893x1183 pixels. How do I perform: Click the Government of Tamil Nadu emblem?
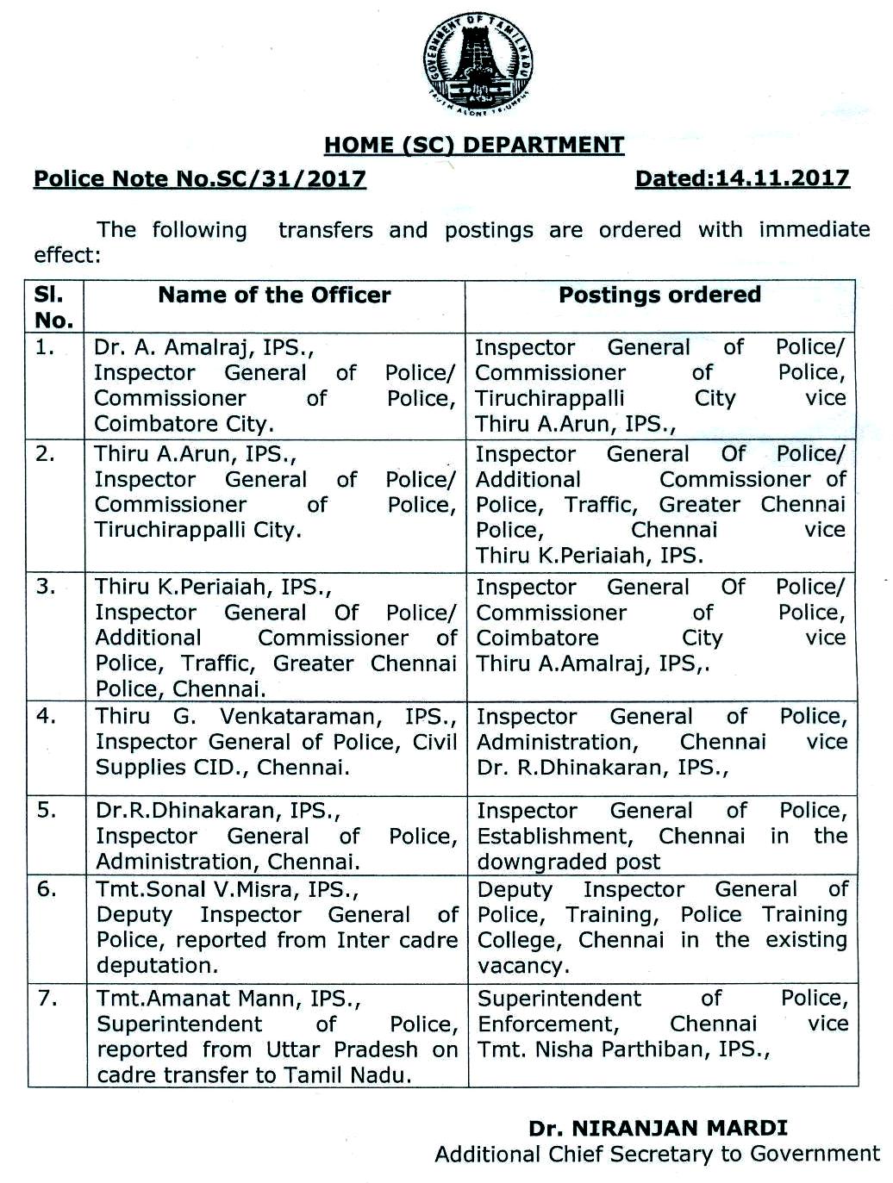(x=477, y=65)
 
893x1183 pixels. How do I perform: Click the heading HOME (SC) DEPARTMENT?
(x=474, y=145)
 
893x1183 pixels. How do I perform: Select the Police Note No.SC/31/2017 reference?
(x=199, y=179)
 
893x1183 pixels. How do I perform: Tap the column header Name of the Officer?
(x=274, y=296)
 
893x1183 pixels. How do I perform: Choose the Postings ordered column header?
(x=659, y=296)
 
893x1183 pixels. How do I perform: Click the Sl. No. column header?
(x=53, y=307)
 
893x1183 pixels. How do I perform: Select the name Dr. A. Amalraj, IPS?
(x=203, y=348)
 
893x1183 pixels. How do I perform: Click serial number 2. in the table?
(x=46, y=454)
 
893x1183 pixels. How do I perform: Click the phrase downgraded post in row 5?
(x=569, y=862)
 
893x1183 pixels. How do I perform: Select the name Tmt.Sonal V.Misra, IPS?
(x=227, y=890)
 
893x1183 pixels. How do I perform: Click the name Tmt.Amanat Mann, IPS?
(x=228, y=999)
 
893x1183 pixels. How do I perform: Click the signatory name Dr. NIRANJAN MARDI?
(x=658, y=1128)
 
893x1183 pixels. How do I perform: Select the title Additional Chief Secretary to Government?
(x=657, y=1155)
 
